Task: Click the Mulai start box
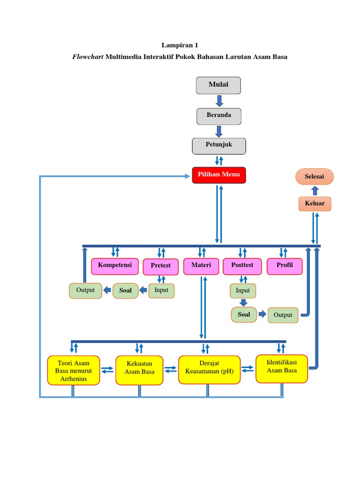tap(218, 85)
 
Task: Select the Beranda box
tap(219, 116)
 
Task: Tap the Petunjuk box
tap(219, 145)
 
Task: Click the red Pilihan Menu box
tap(218, 175)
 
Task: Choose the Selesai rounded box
tap(315, 177)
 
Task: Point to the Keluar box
tap(315, 204)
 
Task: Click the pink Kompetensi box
tap(115, 266)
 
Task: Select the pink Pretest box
tap(161, 266)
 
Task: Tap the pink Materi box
tap(201, 266)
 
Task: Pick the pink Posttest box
tap(242, 266)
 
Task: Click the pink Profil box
tap(285, 266)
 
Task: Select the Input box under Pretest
tap(161, 291)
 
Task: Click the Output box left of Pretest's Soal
tap(85, 291)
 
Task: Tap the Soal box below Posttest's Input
tap(244, 315)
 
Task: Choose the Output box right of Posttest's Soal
tap(283, 315)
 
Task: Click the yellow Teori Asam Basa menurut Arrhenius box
tap(74, 370)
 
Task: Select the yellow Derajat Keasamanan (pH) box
tap(209, 370)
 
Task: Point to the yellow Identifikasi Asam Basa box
tap(282, 368)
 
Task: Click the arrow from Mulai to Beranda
tap(219, 101)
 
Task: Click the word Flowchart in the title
tap(88, 57)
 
